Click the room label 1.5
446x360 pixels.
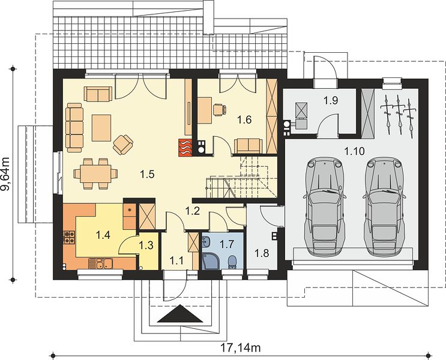tap(147, 173)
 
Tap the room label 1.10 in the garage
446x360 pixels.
tap(354, 151)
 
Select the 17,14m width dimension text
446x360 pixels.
tap(240, 348)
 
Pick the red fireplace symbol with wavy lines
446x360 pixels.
tap(185, 147)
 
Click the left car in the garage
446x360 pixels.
tap(324, 206)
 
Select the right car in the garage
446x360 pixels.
tap(384, 206)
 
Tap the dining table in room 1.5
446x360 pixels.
tap(95, 174)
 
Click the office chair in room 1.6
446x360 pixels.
tap(220, 110)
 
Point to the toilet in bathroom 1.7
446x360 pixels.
tap(232, 262)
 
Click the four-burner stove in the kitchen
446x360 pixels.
tap(70, 238)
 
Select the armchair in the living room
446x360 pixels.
tap(123, 145)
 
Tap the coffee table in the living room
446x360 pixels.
tap(101, 128)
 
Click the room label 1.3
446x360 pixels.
tap(146, 245)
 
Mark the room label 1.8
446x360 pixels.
tap(262, 253)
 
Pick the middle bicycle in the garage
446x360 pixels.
tap(399, 115)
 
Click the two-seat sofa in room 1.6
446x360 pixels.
tap(248, 146)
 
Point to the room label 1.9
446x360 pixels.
tap(331, 100)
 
